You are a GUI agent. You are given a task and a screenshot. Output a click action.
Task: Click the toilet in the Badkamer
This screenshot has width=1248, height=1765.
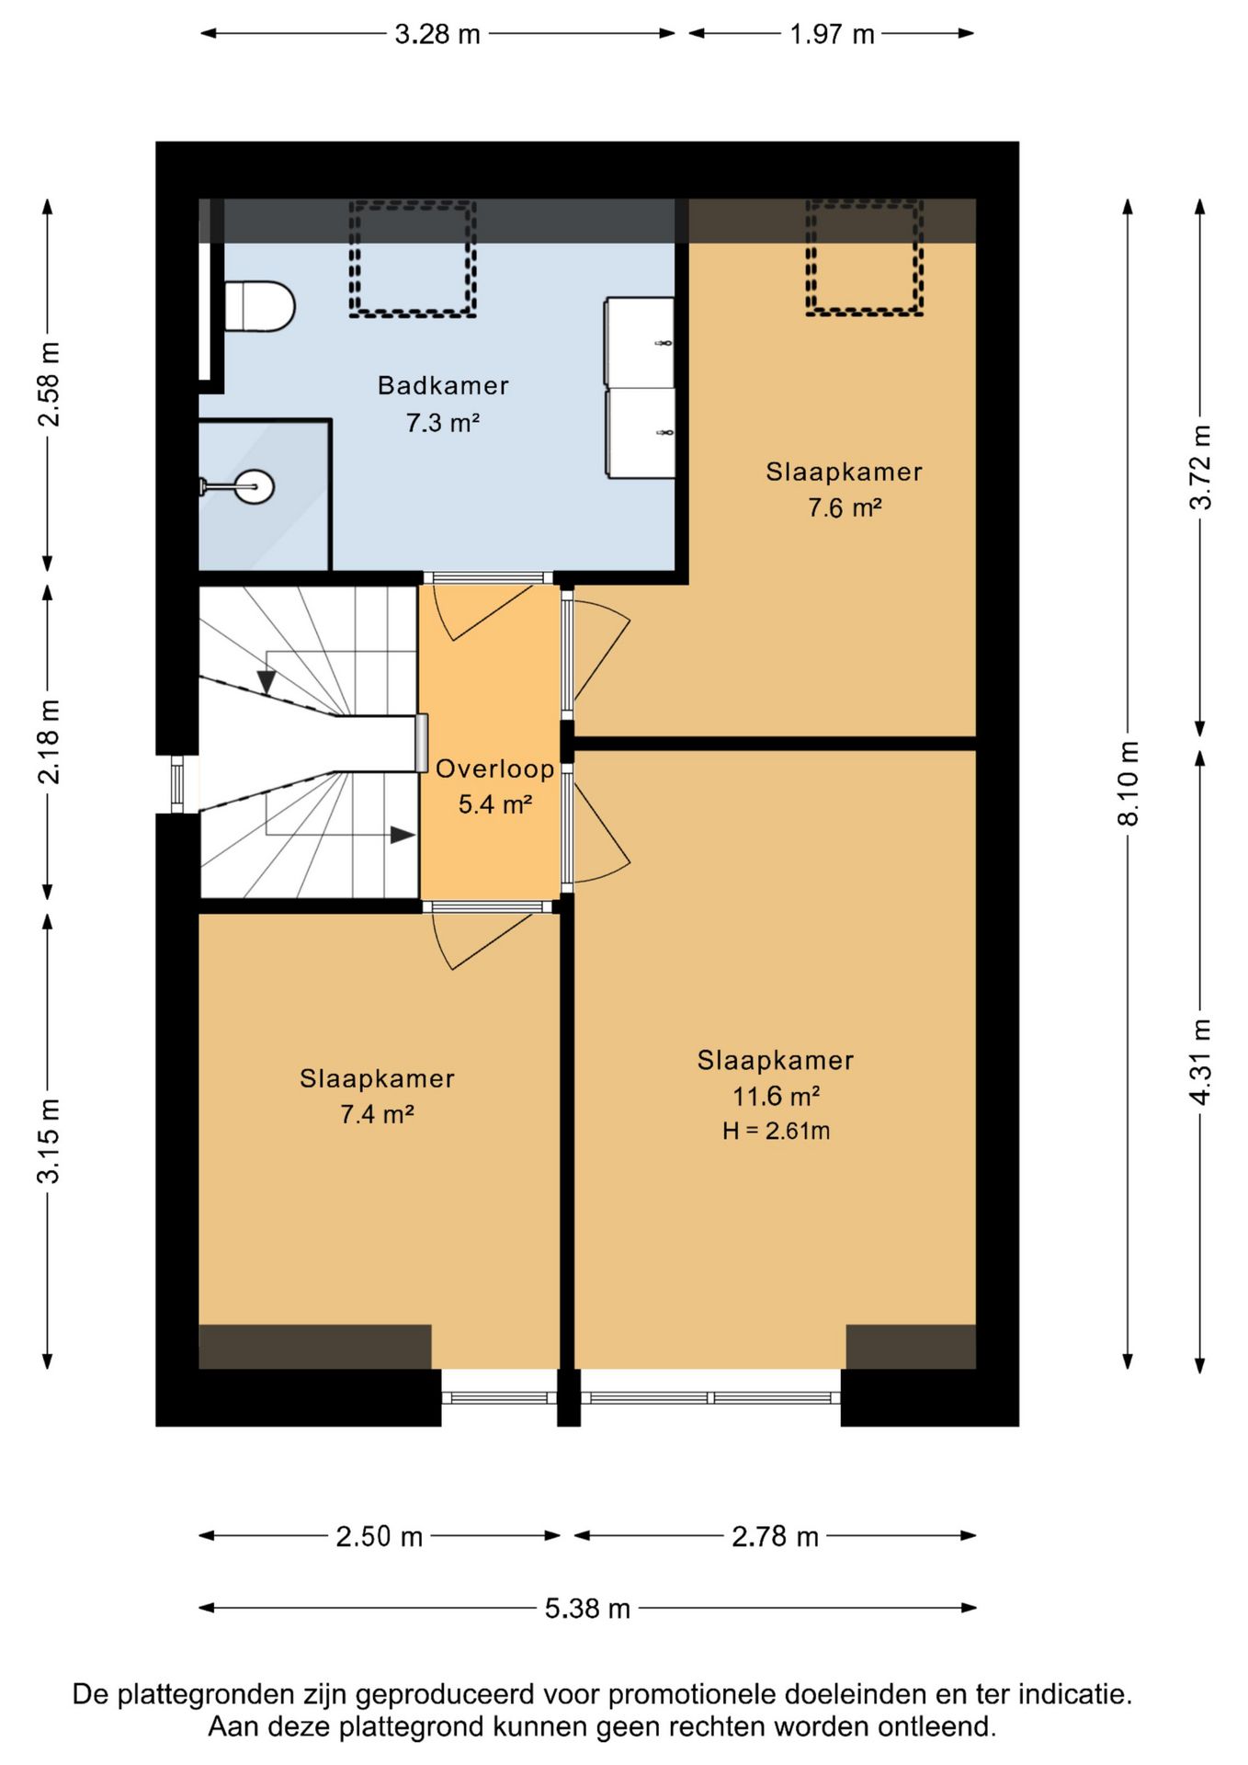point(259,307)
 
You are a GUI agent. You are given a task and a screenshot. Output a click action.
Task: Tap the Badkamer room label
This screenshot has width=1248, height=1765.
point(443,385)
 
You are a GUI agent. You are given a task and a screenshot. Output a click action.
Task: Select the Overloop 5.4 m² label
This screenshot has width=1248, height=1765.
point(494,787)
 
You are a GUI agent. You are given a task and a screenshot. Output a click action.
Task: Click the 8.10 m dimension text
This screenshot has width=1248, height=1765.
point(1129,783)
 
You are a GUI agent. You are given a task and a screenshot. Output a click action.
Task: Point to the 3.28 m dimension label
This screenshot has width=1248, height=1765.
point(437,34)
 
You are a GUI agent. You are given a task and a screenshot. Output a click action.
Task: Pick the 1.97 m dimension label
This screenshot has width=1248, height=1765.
point(832,34)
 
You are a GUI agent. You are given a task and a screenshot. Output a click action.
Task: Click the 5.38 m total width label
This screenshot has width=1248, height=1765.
point(587,1608)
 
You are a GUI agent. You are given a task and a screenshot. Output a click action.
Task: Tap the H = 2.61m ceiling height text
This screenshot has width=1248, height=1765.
point(776,1131)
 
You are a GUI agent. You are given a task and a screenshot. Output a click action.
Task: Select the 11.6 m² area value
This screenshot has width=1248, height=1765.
point(776,1096)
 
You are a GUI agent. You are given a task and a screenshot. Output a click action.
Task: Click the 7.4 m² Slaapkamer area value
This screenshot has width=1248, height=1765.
point(377,1114)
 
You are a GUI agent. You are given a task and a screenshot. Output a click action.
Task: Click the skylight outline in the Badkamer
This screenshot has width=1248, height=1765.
point(412,258)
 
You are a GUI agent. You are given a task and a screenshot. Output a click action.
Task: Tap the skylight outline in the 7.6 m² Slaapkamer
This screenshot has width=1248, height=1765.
point(864,257)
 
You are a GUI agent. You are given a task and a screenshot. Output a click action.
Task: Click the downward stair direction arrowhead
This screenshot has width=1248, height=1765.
point(267,682)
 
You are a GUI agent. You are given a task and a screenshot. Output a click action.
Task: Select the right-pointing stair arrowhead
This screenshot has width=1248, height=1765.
point(403,835)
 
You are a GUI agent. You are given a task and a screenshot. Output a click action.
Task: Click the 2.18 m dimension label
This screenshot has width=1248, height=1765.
point(49,741)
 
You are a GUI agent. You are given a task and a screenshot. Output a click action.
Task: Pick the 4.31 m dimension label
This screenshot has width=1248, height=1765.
point(1200,1062)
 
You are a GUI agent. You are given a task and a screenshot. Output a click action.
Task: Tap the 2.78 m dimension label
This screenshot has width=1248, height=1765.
point(775,1536)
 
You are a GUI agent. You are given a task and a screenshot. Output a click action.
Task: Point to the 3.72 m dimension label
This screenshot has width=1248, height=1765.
point(1200,467)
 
